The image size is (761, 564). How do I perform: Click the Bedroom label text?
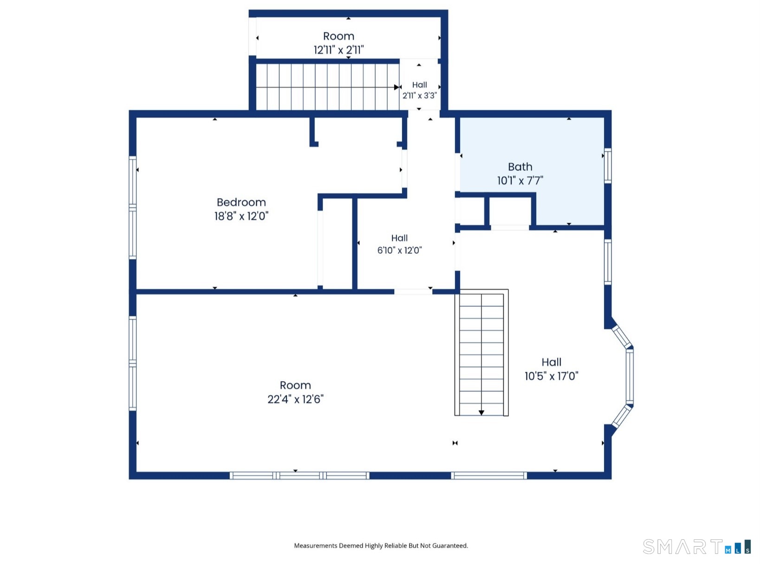241,202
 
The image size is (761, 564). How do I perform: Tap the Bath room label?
520,167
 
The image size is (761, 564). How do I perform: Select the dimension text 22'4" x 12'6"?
295,399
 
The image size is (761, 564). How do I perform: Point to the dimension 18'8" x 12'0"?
241,216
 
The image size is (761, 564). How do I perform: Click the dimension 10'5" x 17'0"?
551,376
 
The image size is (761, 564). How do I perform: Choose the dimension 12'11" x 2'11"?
338,50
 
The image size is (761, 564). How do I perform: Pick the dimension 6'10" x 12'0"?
399,250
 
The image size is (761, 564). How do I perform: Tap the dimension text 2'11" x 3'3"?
420,95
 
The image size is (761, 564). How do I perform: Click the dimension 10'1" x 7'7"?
520,181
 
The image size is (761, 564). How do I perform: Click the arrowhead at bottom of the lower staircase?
481,413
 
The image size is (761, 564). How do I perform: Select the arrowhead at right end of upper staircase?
396,87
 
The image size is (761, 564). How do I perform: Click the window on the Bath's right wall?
608,166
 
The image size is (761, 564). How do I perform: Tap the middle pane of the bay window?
630,377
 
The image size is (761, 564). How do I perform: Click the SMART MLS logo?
696,547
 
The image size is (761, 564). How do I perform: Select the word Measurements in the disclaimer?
316,546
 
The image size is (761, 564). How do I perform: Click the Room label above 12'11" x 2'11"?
338,36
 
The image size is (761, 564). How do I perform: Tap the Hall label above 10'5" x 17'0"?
551,362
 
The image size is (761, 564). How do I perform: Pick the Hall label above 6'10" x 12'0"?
399,238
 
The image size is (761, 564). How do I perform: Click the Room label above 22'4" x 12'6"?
295,385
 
